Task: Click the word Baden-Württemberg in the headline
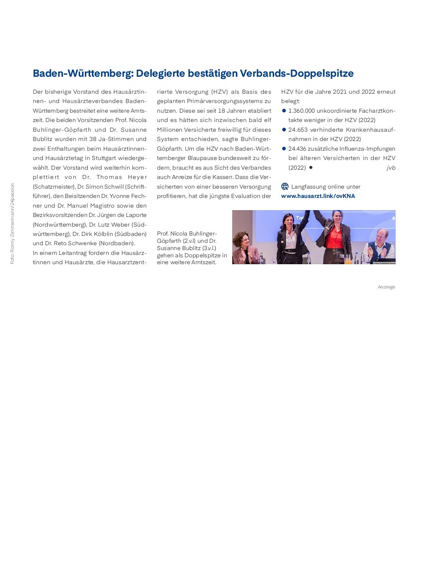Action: point(83,74)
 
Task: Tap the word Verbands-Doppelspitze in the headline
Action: point(297,74)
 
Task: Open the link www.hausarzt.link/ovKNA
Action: point(318,196)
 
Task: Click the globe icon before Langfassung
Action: point(285,187)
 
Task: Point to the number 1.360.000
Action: point(301,111)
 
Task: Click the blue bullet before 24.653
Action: point(284,130)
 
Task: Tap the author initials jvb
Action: point(391,168)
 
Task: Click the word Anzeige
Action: point(386,287)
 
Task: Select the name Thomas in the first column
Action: point(109,177)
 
